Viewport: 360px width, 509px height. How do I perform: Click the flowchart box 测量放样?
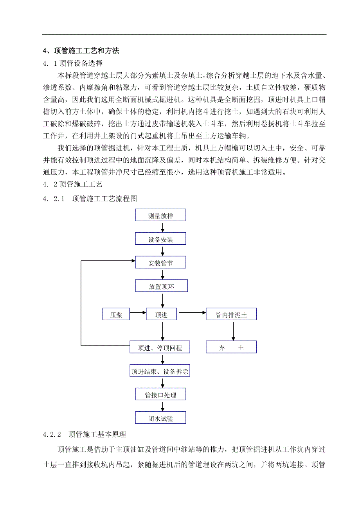coord(160,215)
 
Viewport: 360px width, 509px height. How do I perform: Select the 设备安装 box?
coord(160,239)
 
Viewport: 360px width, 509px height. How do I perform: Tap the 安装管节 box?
coord(160,263)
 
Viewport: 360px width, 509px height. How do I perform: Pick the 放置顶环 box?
coord(161,286)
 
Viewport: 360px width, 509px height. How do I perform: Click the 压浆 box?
coord(116,314)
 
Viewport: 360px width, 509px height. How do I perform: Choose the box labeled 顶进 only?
coord(161,314)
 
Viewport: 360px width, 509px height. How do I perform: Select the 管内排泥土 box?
coord(231,314)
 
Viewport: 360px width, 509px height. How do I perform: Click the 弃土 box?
coord(231,347)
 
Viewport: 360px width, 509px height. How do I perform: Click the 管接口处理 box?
coord(160,394)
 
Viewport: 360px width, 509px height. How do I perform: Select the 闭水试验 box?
coord(160,418)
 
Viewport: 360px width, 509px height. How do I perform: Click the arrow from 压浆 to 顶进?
coord(137,313)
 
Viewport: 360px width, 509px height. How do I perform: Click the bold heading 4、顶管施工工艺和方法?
coord(81,51)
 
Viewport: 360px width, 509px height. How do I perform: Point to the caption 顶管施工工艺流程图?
coord(104,199)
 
